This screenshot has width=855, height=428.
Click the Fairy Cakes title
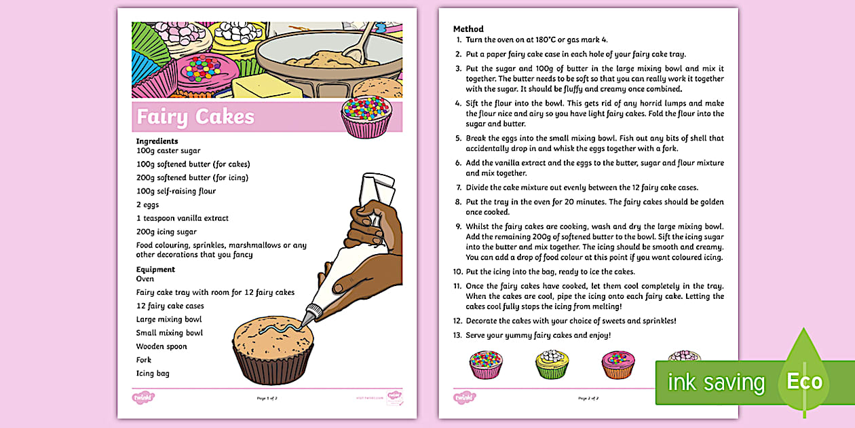point(195,117)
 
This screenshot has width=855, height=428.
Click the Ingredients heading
point(157,141)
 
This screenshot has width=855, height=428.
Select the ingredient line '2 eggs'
point(147,204)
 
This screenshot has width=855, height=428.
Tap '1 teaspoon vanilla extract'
point(182,218)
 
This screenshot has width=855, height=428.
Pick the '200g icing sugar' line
point(166,232)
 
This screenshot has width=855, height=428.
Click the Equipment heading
point(155,269)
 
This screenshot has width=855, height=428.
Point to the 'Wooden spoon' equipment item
point(161,346)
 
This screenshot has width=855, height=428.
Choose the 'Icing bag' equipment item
point(153,373)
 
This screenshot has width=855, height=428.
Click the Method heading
point(468,29)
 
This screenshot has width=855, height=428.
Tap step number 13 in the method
point(458,335)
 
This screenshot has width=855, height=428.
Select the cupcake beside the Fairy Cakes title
point(366,117)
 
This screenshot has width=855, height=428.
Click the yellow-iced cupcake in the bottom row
point(552,364)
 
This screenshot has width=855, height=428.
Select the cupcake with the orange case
point(617,364)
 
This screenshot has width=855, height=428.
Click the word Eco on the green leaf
point(804,381)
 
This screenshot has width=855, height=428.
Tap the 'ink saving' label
point(716,382)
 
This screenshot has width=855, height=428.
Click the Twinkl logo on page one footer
point(142,397)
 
